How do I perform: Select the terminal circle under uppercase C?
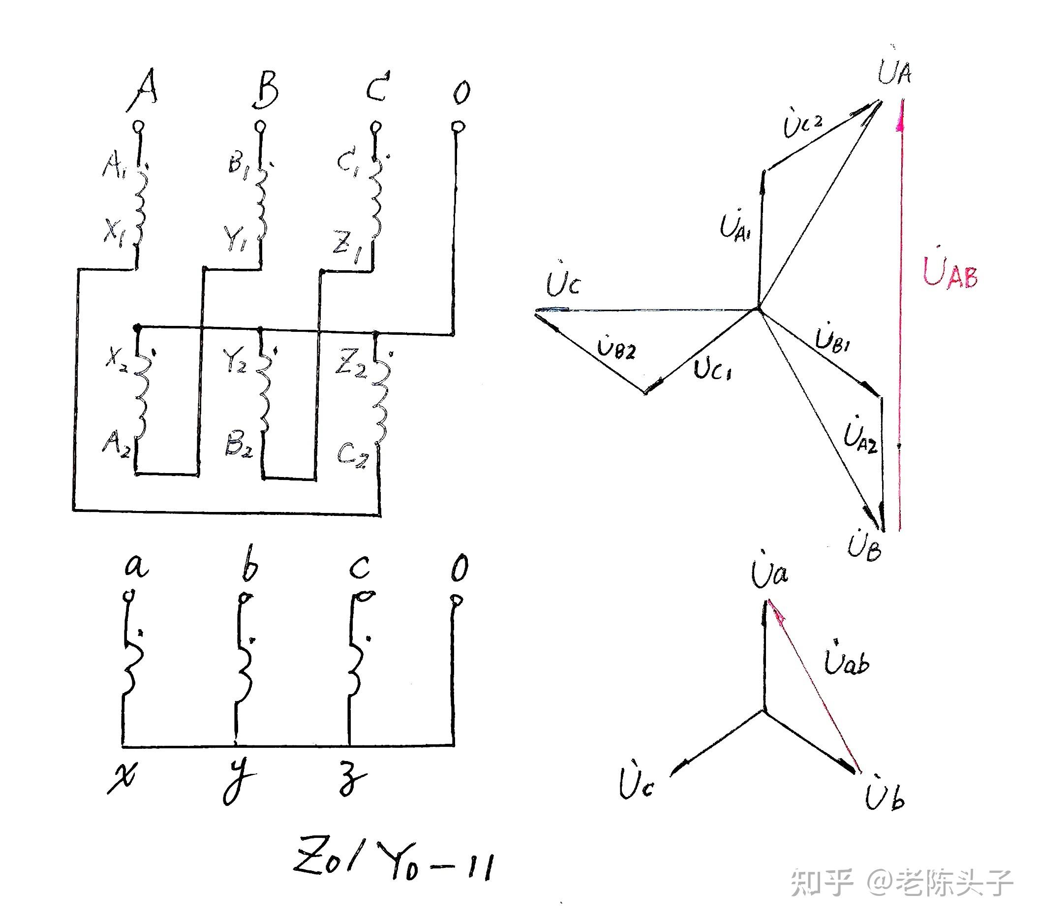point(375,126)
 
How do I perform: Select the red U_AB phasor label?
point(949,273)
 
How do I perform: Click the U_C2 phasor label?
point(802,124)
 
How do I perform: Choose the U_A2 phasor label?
point(859,437)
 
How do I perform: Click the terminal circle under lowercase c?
point(365,596)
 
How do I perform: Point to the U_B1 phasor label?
point(832,338)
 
